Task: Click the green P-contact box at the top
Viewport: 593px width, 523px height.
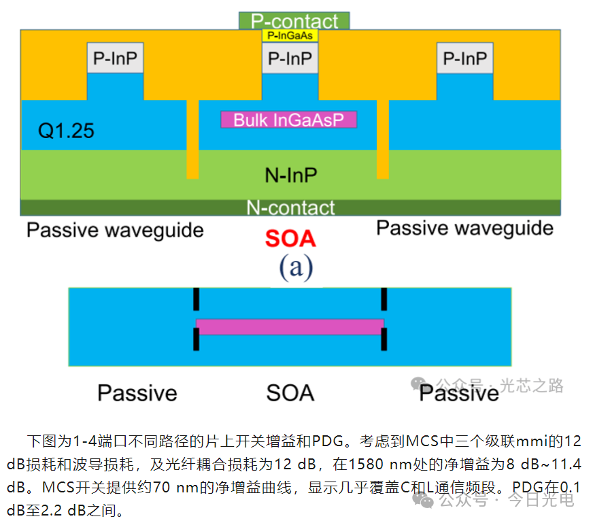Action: tap(294, 21)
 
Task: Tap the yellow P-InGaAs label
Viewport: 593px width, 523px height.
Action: tap(290, 35)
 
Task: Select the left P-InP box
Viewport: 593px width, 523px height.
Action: tap(115, 58)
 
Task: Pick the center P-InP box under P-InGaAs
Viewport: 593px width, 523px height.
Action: tap(290, 58)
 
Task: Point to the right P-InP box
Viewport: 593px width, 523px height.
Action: tap(464, 58)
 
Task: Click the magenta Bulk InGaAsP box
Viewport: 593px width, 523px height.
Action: tap(288, 120)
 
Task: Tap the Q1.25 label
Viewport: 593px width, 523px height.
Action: tap(66, 131)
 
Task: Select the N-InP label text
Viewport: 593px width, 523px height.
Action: tap(291, 175)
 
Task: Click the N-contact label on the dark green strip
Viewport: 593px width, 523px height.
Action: tap(290, 207)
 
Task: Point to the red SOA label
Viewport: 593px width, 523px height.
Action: tap(290, 239)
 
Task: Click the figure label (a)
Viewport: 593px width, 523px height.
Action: tap(296, 267)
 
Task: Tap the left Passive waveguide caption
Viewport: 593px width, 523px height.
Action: tap(115, 230)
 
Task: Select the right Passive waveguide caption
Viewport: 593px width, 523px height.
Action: tap(464, 228)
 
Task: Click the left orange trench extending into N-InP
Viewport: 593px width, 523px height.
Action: tap(193, 139)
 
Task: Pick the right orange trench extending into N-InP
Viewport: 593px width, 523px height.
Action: tap(383, 139)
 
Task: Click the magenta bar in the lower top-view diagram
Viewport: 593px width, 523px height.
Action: tap(290, 326)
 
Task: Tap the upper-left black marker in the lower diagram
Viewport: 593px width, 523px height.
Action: tap(197, 299)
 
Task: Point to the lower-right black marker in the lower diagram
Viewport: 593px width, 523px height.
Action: tap(384, 339)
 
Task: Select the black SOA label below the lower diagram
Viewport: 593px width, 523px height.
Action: tap(290, 392)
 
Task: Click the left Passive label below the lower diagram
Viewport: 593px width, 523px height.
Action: tap(137, 392)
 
